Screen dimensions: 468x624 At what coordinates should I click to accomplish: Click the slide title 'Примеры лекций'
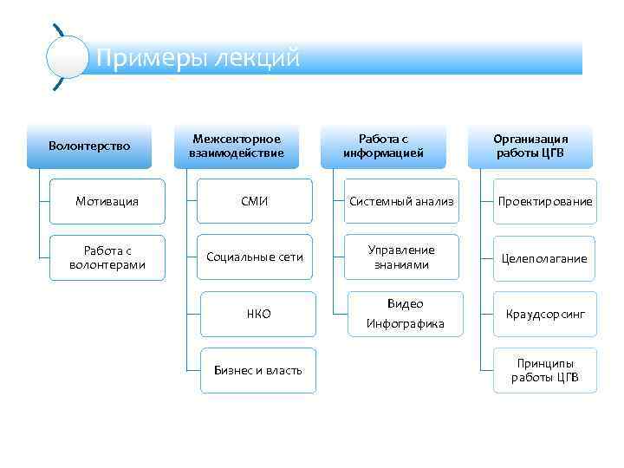(x=198, y=58)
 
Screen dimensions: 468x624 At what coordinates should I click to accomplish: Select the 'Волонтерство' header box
(x=89, y=146)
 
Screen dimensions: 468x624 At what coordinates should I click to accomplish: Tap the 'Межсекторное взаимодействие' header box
(x=237, y=146)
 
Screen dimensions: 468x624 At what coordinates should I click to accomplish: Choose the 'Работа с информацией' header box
(x=383, y=146)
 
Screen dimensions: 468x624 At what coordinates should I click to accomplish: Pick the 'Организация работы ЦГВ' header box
(x=530, y=146)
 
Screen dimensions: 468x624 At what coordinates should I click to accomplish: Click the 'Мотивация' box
(x=107, y=201)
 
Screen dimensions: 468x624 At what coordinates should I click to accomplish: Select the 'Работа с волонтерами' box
(x=107, y=257)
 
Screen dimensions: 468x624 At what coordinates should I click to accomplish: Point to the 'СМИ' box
(x=255, y=201)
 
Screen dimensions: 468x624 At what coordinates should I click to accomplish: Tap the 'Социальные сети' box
(x=255, y=257)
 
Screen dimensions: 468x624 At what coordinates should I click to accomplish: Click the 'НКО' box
(x=258, y=314)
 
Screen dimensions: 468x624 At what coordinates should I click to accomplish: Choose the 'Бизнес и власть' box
(x=258, y=370)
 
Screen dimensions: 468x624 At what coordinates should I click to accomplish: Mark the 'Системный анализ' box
(x=401, y=201)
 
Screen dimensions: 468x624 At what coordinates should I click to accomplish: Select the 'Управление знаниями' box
(x=401, y=257)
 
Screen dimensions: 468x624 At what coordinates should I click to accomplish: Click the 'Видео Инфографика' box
(x=405, y=314)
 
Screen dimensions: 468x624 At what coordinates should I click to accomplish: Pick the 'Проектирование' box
(x=545, y=201)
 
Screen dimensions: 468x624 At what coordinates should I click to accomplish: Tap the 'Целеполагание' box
(x=545, y=257)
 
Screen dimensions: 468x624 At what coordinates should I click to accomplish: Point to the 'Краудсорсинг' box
(x=545, y=314)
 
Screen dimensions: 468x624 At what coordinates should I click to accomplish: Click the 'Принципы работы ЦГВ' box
(x=545, y=370)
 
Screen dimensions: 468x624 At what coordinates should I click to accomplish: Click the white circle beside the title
(x=67, y=58)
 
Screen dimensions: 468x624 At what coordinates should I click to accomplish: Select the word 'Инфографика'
(x=405, y=324)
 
